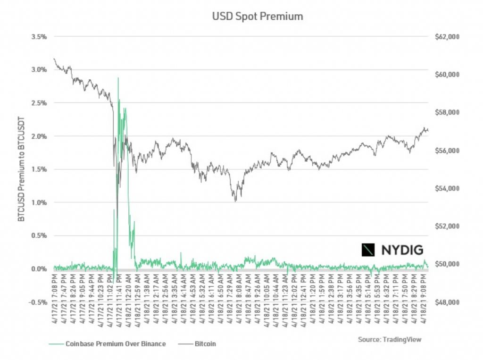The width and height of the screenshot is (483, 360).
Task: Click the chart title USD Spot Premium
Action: pos(257,17)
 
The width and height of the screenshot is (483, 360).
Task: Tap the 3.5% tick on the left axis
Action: pos(39,36)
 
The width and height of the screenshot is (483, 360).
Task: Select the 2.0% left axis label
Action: pos(39,136)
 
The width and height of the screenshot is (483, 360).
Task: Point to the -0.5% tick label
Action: pos(38,302)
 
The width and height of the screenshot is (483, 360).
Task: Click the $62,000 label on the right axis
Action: pos(446,36)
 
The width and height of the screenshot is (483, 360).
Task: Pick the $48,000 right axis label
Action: pos(446,302)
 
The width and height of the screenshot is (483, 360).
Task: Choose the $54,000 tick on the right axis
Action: pos(446,188)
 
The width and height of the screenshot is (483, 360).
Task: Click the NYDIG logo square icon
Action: pos(368,250)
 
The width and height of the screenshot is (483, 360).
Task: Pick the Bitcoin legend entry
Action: pos(206,344)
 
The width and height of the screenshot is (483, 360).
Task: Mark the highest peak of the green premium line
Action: pos(118,78)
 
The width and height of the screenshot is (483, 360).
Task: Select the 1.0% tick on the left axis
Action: pos(39,202)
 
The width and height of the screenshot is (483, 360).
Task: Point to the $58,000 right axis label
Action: pos(446,112)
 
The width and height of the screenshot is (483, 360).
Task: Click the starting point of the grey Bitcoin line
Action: pos(54,59)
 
